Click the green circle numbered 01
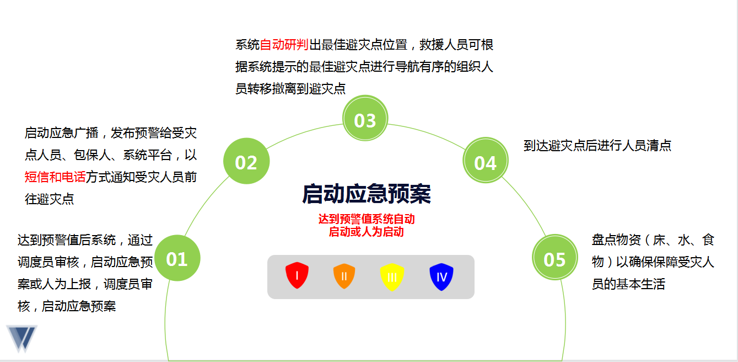pos(177,258)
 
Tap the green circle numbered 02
pos(246,161)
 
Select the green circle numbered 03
pos(365,118)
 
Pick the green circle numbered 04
pos(486,161)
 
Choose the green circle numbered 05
pos(555,257)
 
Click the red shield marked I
pos(297,275)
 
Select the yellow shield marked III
pos(392,277)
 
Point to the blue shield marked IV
pos(441,276)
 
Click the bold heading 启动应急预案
pos(367,194)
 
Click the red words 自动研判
pos(284,45)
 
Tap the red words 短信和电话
pos(55,177)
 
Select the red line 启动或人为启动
pos(367,232)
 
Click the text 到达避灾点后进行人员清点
pos(597,145)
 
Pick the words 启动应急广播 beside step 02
pos(61,133)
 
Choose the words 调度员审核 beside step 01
pos(49,262)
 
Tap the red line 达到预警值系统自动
pos(367,219)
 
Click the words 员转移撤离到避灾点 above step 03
pos(290,88)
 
